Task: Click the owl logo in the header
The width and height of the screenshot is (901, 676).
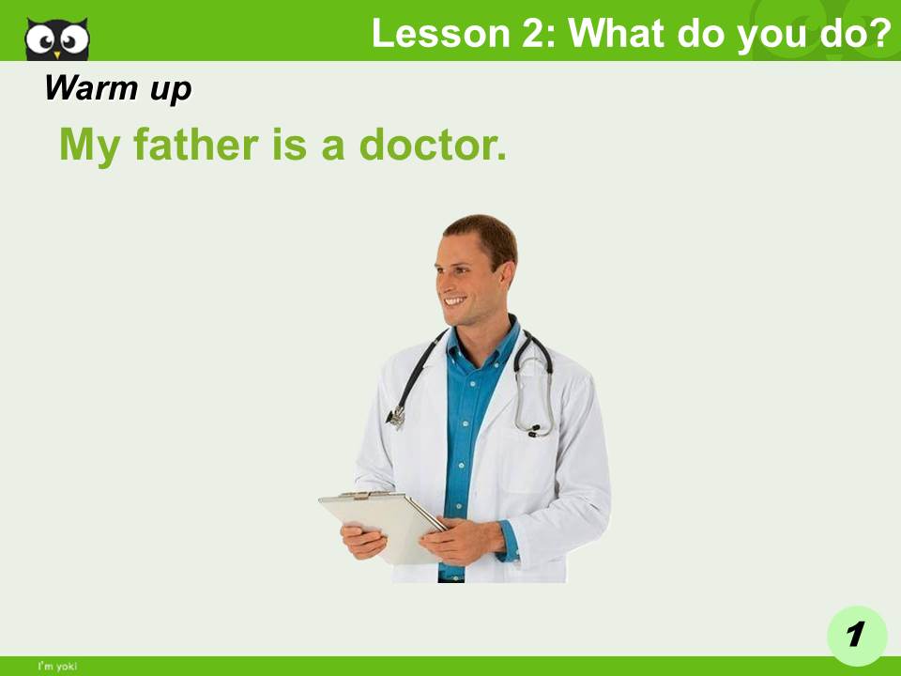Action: click(56, 38)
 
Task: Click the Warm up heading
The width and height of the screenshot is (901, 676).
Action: click(117, 88)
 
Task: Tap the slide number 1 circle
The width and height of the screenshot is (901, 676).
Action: click(856, 636)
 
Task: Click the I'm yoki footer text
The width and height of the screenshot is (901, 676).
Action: click(57, 666)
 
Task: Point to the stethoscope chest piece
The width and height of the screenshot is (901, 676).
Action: click(397, 414)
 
